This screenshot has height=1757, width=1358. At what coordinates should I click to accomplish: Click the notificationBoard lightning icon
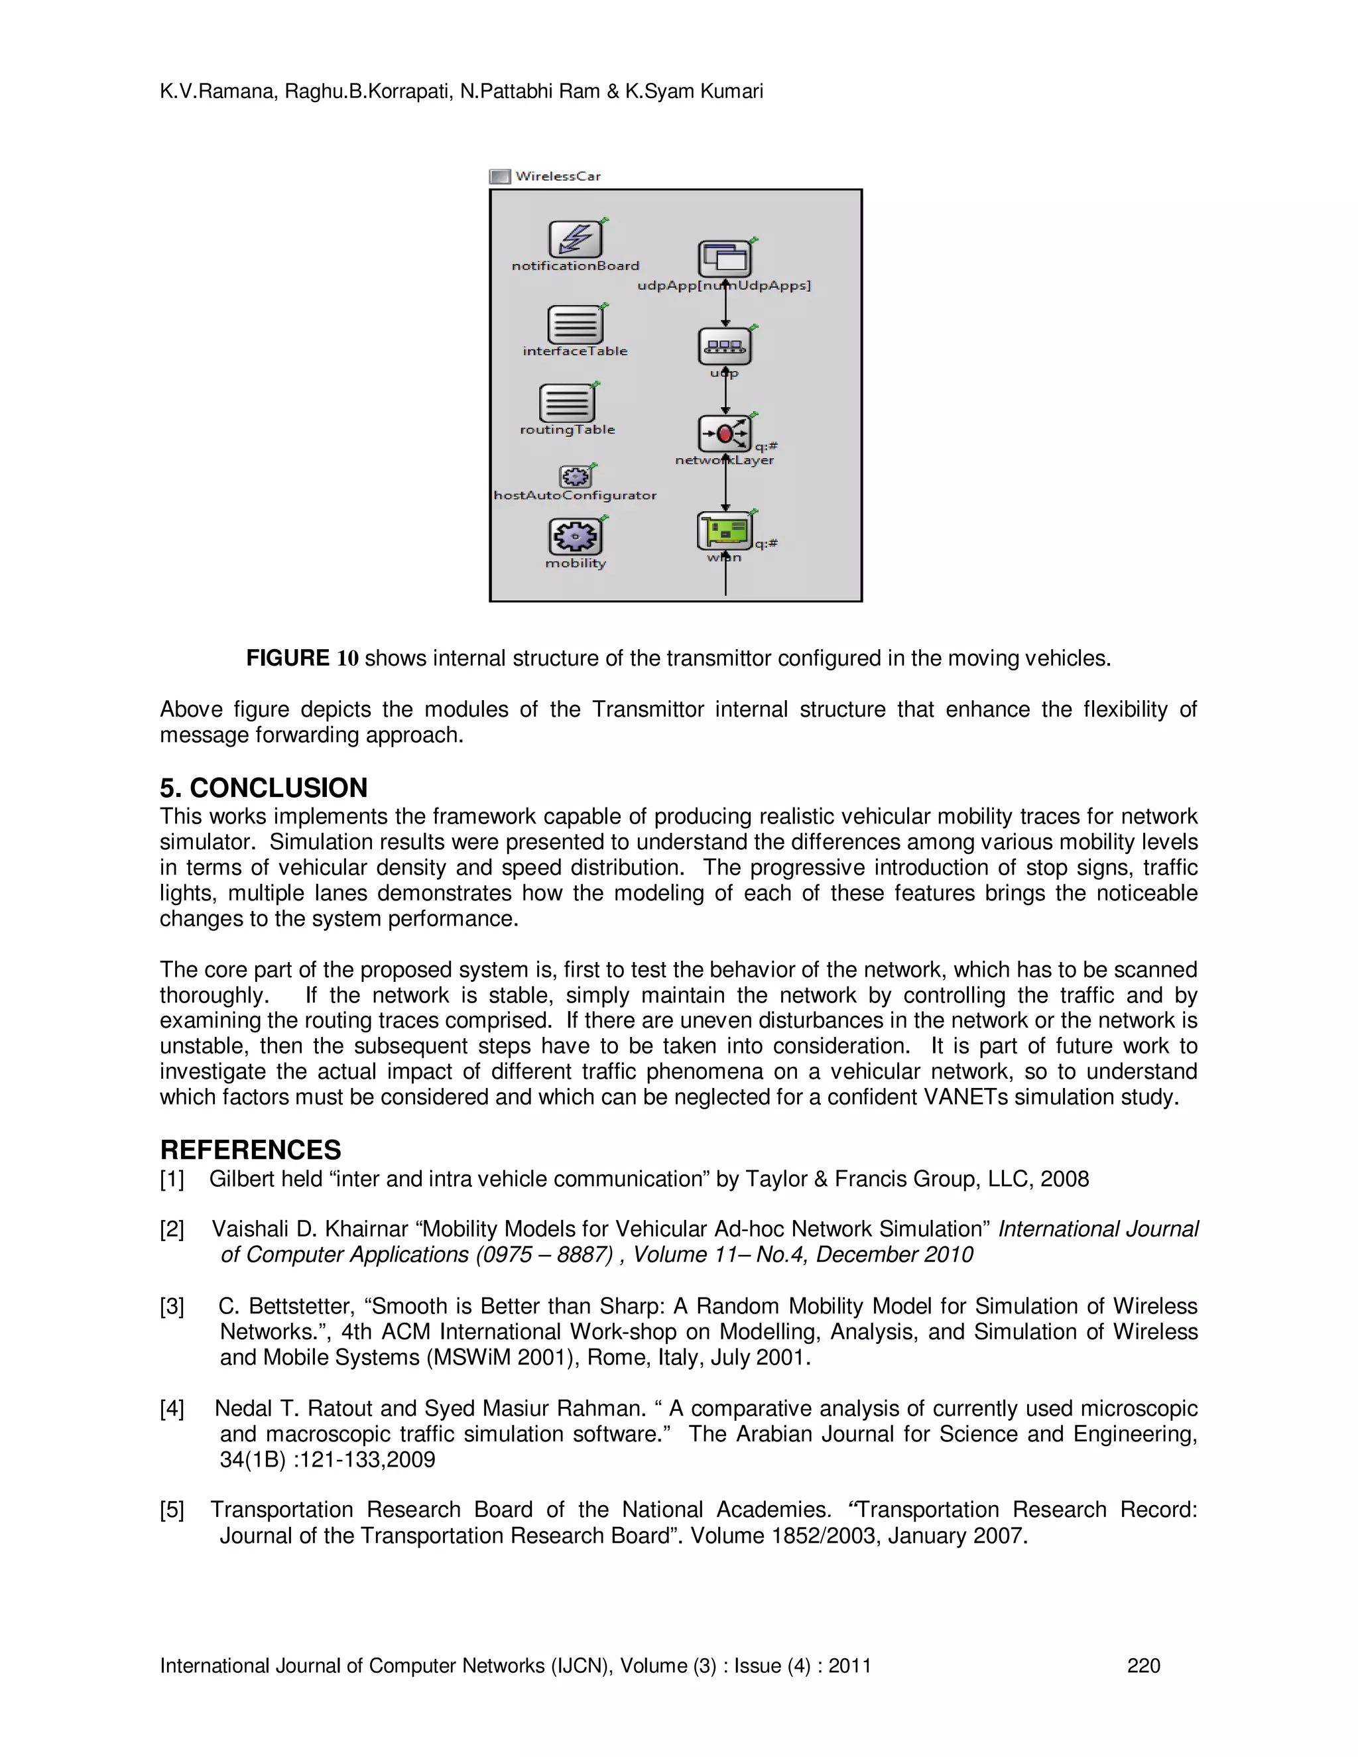(575, 239)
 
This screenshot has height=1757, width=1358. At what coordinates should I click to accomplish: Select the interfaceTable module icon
(574, 325)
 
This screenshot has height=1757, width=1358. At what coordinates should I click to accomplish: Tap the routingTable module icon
(566, 403)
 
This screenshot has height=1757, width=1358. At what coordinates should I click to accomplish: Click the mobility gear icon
(575, 536)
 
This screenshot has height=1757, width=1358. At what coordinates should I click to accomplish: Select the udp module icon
(724, 347)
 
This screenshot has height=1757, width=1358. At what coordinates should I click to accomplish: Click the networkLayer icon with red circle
(724, 434)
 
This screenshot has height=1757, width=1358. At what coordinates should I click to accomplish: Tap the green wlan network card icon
(724, 531)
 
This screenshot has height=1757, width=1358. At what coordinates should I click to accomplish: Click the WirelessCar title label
(558, 176)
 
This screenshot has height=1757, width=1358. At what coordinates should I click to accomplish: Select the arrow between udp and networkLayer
(725, 393)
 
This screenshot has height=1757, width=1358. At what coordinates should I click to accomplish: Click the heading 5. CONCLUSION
(263, 787)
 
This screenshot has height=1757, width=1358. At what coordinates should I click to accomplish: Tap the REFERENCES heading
(250, 1149)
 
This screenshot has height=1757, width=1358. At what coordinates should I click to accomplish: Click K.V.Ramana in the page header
(218, 91)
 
